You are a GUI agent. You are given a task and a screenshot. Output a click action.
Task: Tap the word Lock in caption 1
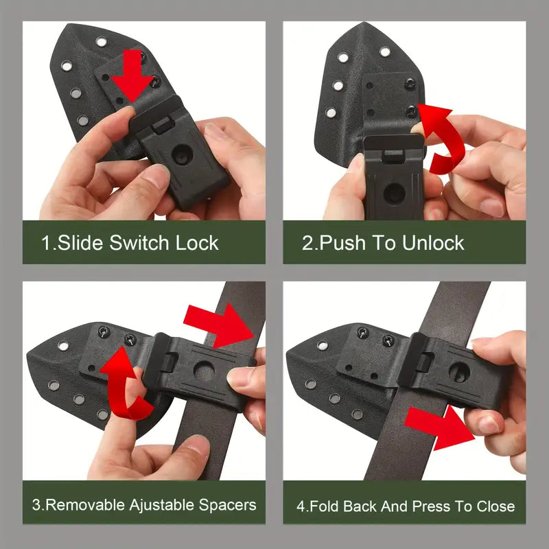pos(197,243)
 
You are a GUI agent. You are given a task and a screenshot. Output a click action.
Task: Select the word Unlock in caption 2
pos(433,243)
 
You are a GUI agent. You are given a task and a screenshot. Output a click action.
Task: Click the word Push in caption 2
pos(342,243)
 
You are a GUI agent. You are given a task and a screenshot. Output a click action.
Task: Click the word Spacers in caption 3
pos(228,506)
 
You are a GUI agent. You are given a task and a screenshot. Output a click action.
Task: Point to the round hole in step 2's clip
pos(394,194)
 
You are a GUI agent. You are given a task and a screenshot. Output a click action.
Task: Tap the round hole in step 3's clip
pos(204,371)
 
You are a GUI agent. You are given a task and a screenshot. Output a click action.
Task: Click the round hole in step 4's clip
pos(459,372)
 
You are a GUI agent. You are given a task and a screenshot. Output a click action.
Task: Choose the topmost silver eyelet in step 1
pos(101,42)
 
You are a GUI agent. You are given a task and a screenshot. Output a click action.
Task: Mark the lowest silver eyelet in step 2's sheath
pos(331,113)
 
